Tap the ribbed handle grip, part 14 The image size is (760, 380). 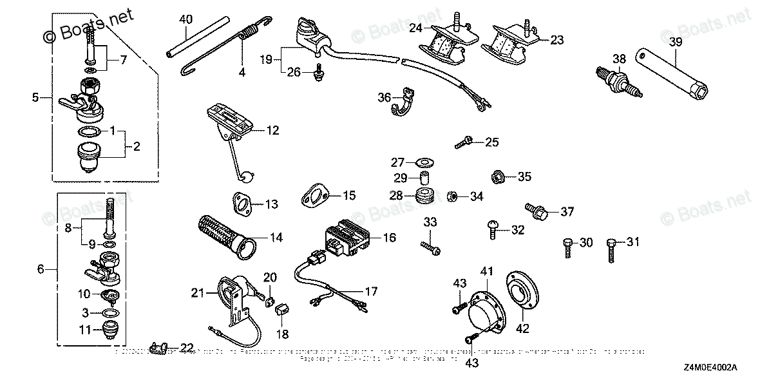(223, 236)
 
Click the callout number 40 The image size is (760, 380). (185, 19)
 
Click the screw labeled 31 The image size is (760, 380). (611, 247)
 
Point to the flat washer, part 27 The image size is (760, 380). (423, 162)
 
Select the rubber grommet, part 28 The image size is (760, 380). (423, 196)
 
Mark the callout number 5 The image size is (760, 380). (36, 98)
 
